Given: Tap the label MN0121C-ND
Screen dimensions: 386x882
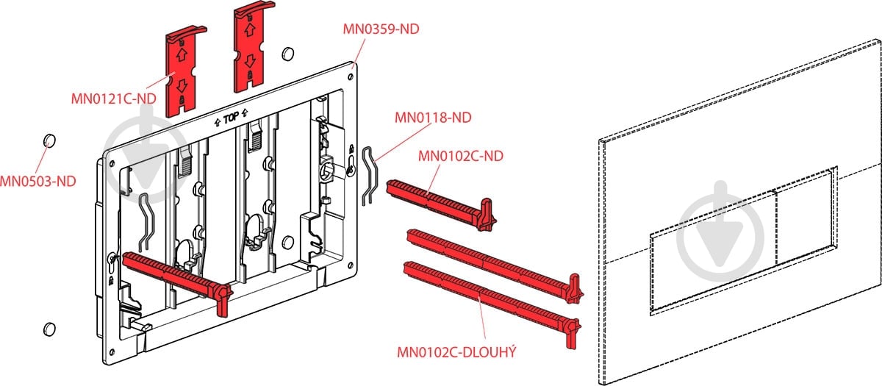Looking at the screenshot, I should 113,99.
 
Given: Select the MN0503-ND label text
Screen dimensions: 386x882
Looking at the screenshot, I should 37,179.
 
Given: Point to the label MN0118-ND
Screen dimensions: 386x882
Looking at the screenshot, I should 433,117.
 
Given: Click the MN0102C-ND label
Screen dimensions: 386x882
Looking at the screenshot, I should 460,156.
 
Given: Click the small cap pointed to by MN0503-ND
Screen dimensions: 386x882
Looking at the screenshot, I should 49,140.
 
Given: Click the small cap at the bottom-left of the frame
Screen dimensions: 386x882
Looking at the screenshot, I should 50,329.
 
